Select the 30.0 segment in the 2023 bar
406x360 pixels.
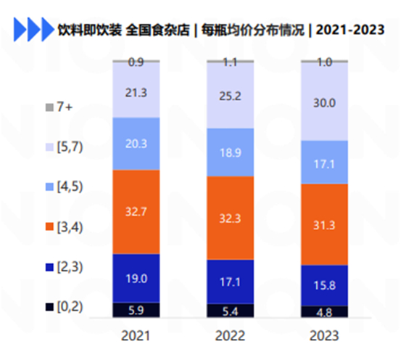[324, 102]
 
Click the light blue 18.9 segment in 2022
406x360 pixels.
[230, 151]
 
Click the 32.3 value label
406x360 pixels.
[230, 217]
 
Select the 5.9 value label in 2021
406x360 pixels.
[136, 310]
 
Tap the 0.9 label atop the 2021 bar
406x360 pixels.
[136, 62]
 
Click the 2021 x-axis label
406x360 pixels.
[136, 335]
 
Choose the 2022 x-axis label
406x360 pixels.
[230, 335]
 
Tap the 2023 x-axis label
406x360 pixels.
[324, 335]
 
